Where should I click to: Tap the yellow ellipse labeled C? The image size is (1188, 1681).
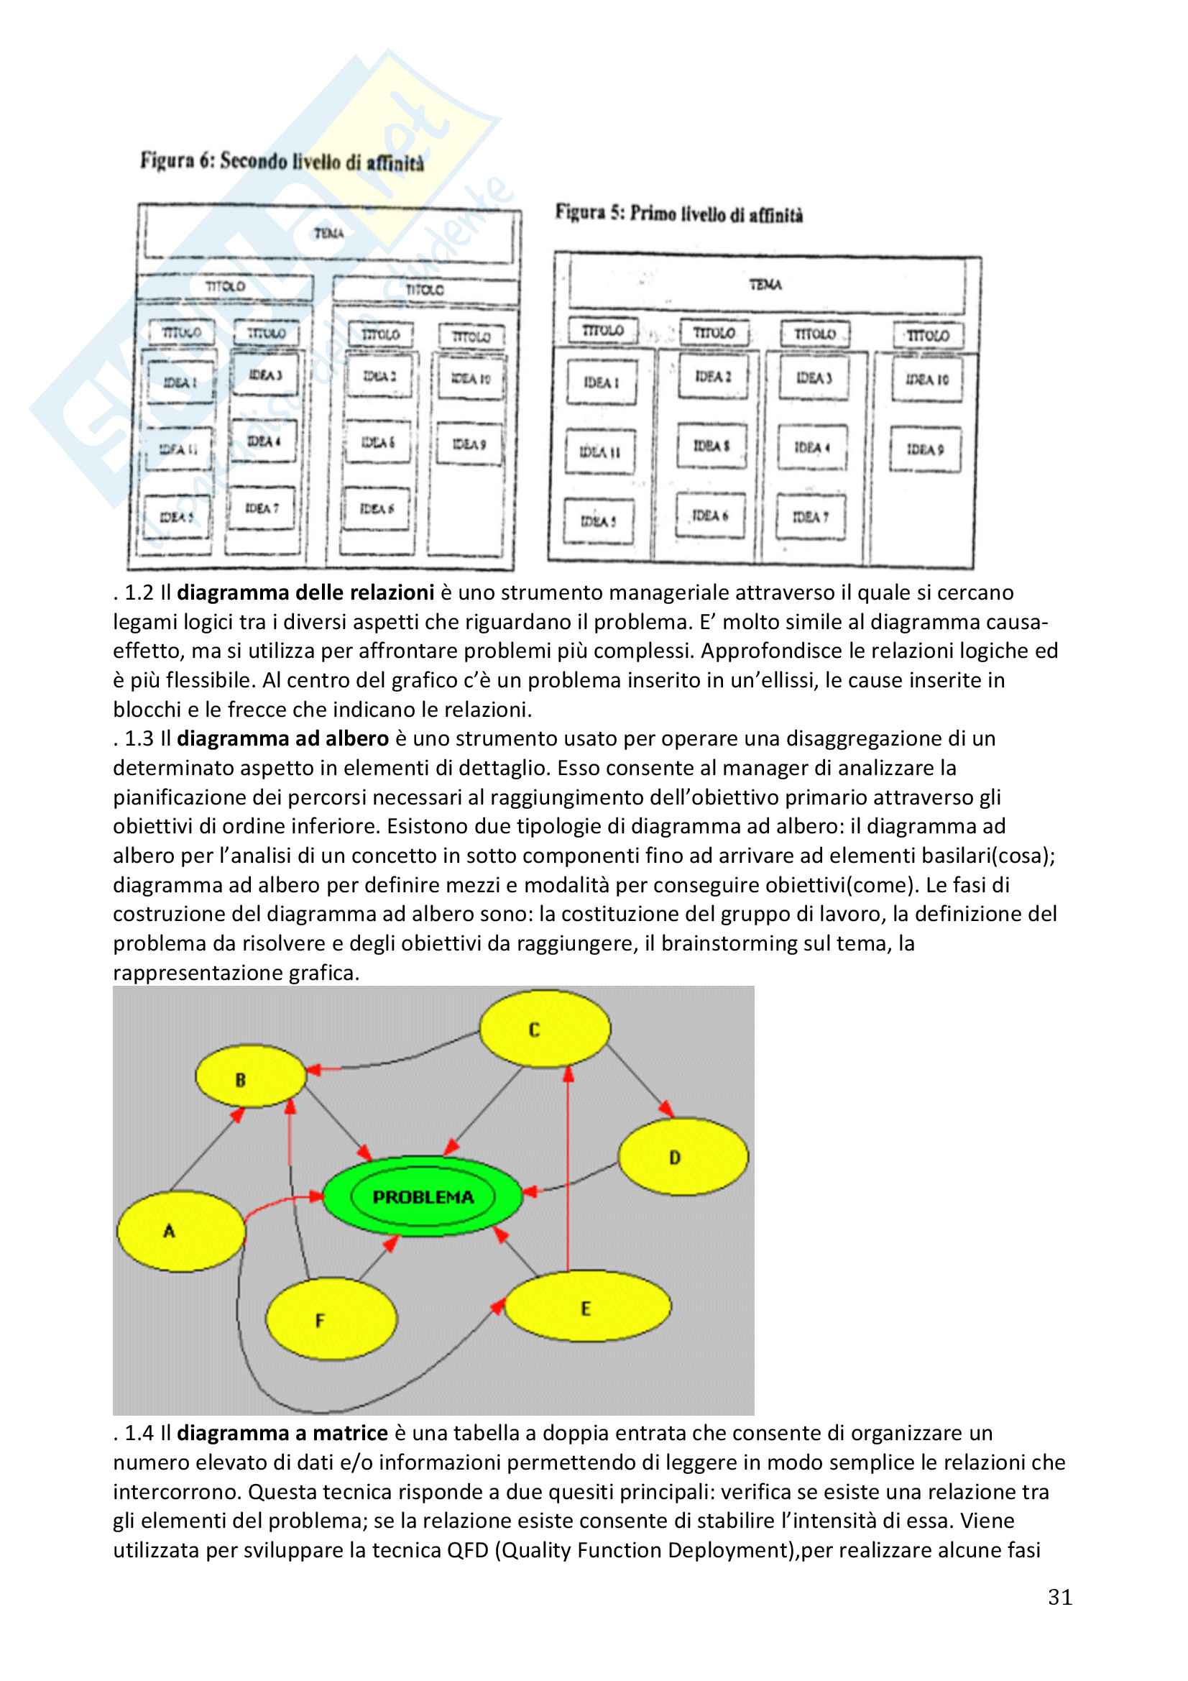pyautogui.click(x=545, y=1029)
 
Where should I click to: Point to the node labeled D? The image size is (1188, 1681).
pyautogui.click(x=683, y=1157)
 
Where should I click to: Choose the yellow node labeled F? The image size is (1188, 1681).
pyautogui.click(x=331, y=1319)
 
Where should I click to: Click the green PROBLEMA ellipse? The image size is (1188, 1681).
pyautogui.click(x=423, y=1196)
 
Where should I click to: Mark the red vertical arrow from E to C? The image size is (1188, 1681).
pyautogui.click(x=568, y=1171)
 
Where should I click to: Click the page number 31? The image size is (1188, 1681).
pyautogui.click(x=1059, y=1598)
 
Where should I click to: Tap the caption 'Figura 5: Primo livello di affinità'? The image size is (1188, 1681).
pyautogui.click(x=678, y=214)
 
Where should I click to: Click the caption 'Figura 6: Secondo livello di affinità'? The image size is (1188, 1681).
pyautogui.click(x=282, y=161)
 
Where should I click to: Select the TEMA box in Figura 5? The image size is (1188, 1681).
pyautogui.click(x=765, y=284)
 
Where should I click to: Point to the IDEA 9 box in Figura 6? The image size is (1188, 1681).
pyautogui.click(x=469, y=444)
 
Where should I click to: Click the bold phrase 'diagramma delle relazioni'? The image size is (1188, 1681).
pyautogui.click(x=305, y=592)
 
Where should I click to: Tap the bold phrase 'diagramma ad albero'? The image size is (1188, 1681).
pyautogui.click(x=282, y=738)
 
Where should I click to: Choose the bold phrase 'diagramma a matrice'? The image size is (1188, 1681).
pyautogui.click(x=282, y=1433)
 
